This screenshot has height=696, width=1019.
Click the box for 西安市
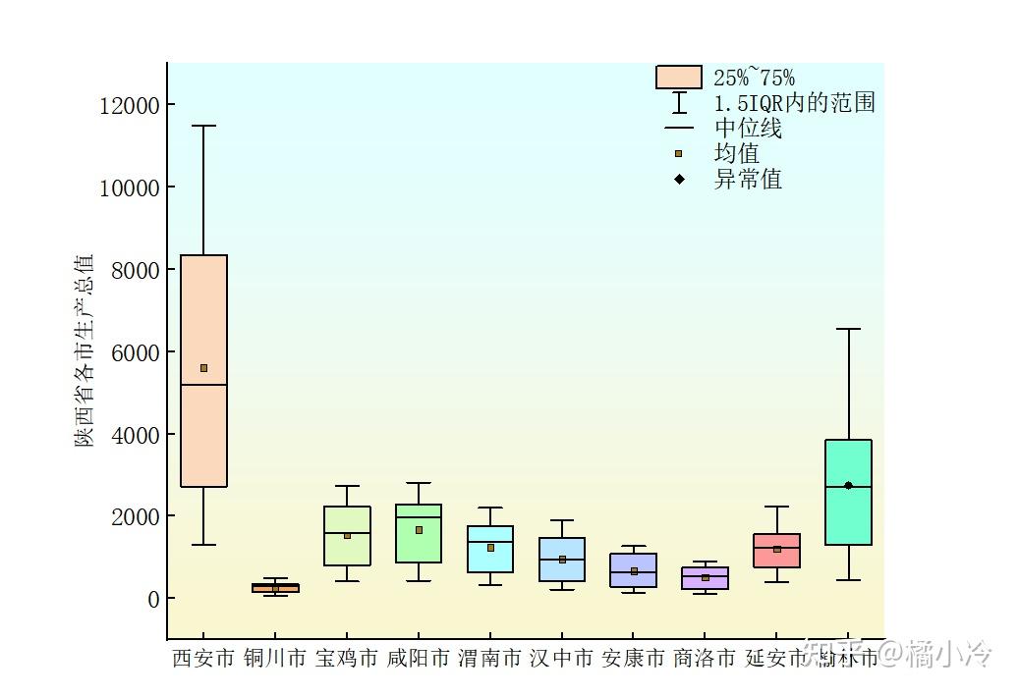(x=203, y=432)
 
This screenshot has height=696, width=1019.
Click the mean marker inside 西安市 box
(x=203, y=368)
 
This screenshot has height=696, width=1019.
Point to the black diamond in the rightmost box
(x=848, y=486)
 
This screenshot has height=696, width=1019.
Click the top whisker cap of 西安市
(x=203, y=126)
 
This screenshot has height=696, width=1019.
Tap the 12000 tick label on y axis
(x=130, y=105)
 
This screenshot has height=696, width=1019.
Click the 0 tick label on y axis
(x=153, y=599)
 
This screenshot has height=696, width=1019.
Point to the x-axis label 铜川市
(x=275, y=658)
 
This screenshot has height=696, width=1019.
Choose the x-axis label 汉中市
(x=562, y=658)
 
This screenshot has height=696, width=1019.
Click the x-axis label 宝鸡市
(x=347, y=658)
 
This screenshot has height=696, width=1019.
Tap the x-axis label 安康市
(x=634, y=658)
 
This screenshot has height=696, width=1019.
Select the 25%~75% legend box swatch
(x=678, y=78)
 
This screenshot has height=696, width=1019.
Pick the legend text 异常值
(x=748, y=180)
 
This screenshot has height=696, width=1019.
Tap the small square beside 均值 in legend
(x=678, y=154)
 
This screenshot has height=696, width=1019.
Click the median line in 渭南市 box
(x=490, y=542)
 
